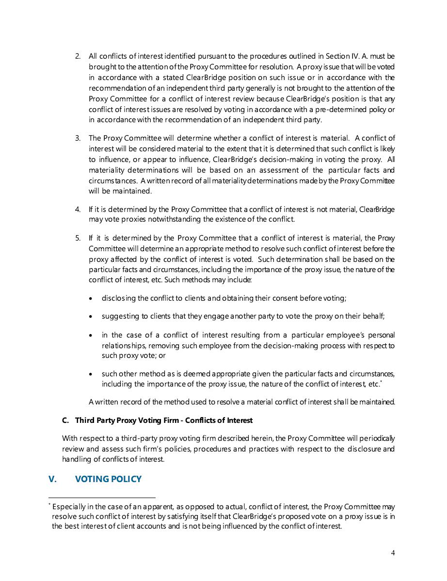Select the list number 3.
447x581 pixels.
(78, 138)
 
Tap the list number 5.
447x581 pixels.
(78, 238)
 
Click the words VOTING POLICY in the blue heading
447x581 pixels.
(108, 479)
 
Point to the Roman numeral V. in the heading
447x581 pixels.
(53, 479)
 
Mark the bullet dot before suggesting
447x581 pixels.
(91, 317)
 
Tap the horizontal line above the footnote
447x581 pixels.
(102, 498)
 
